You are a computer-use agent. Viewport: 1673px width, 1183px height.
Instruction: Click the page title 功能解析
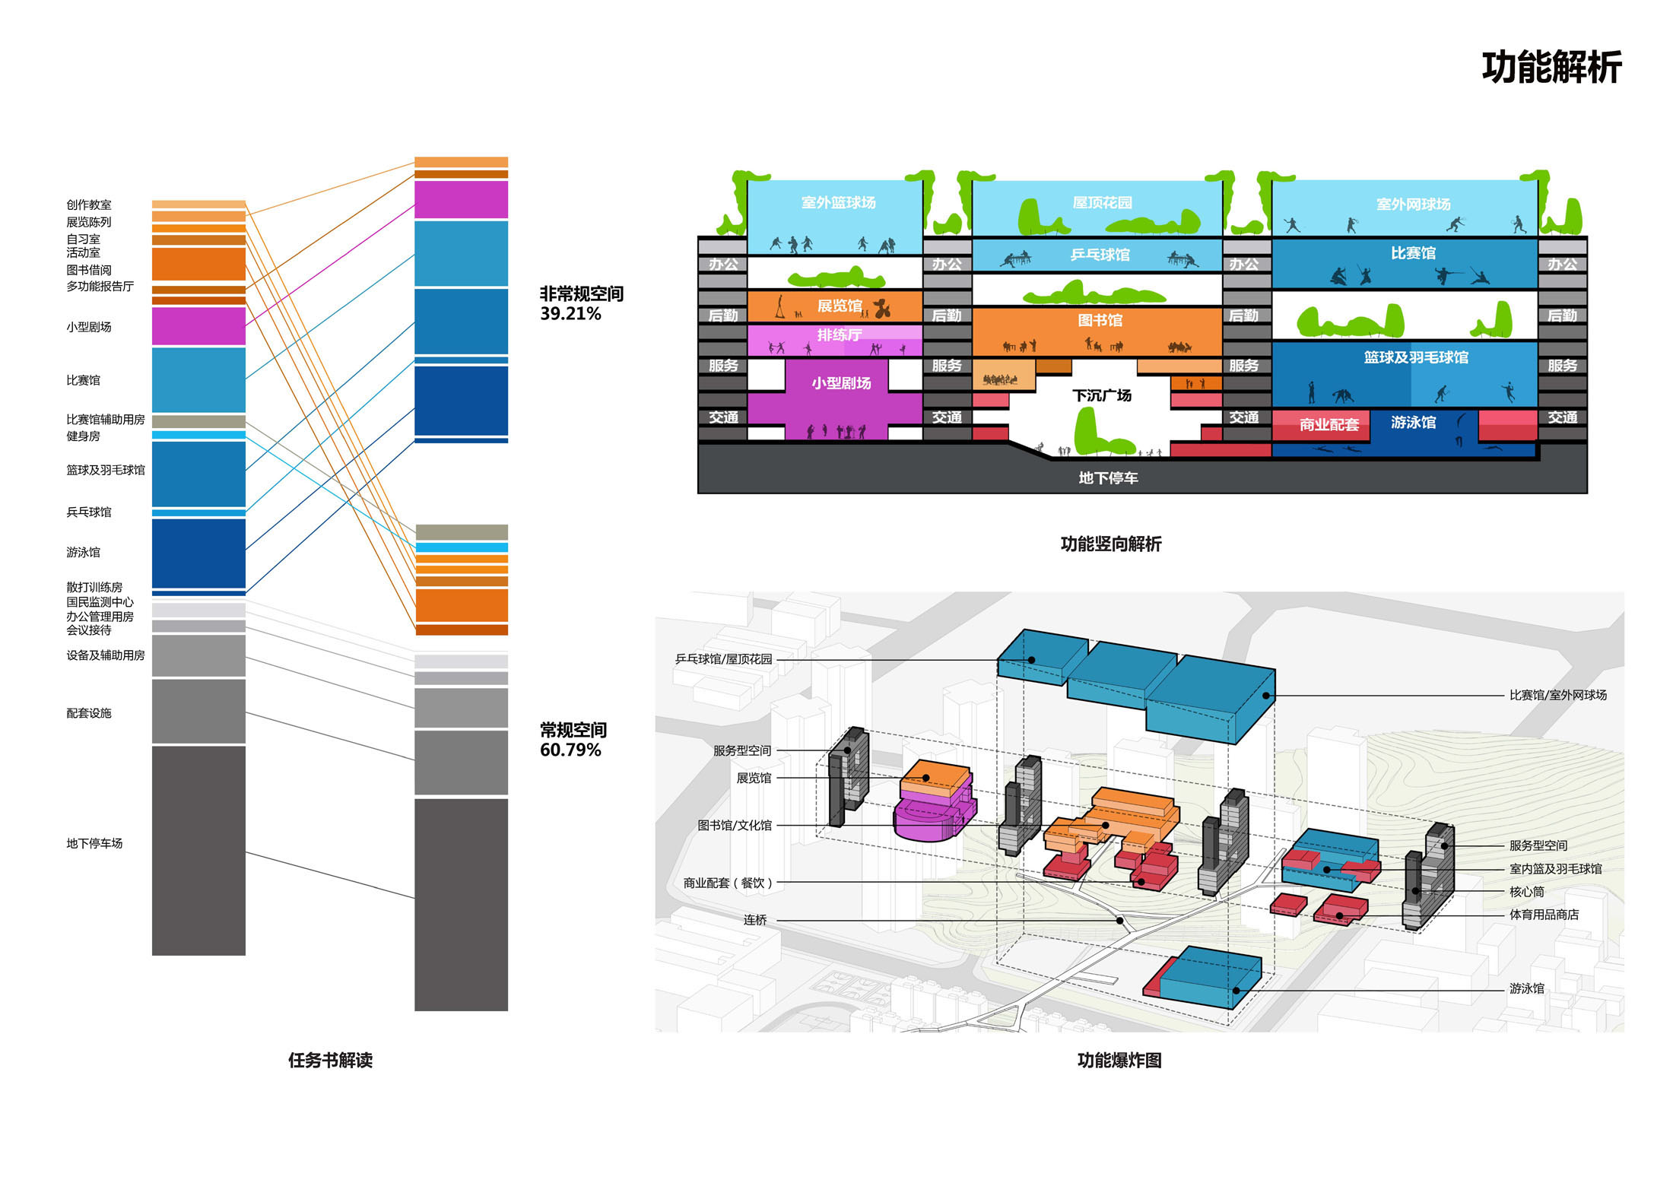tap(1551, 67)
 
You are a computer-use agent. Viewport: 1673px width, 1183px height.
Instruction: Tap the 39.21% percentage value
tap(570, 314)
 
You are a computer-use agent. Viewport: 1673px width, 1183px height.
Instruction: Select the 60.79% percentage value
tap(570, 750)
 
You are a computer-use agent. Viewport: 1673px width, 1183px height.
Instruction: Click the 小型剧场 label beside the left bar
tap(89, 327)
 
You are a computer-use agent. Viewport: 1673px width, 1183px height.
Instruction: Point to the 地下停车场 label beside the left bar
tap(94, 843)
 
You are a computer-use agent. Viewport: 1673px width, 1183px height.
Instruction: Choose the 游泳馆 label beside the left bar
tap(83, 552)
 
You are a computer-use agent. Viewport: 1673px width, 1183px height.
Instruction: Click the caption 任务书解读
tap(330, 1061)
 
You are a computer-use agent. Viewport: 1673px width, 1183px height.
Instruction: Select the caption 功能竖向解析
tap(1111, 544)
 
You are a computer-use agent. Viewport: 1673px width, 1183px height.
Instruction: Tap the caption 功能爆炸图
tap(1119, 1061)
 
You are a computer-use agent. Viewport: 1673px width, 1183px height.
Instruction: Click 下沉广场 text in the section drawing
tap(1102, 395)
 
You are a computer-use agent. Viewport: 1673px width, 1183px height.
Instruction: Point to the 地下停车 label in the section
tap(1108, 477)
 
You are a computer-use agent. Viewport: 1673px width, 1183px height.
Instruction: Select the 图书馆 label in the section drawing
tap(1100, 320)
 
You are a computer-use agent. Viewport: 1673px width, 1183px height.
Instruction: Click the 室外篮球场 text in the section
tap(838, 202)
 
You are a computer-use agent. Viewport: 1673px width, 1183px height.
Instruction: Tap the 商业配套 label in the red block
tap(1329, 425)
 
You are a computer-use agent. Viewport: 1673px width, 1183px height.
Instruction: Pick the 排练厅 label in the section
tap(840, 335)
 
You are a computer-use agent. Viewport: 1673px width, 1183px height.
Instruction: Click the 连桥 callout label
tap(755, 920)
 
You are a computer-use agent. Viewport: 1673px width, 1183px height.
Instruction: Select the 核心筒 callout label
tap(1527, 892)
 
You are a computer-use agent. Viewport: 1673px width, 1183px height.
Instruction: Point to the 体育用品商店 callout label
tap(1544, 915)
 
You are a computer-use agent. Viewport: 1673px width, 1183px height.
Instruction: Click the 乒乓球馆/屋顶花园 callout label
tap(723, 659)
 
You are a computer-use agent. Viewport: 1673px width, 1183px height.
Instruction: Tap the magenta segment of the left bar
tap(198, 326)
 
